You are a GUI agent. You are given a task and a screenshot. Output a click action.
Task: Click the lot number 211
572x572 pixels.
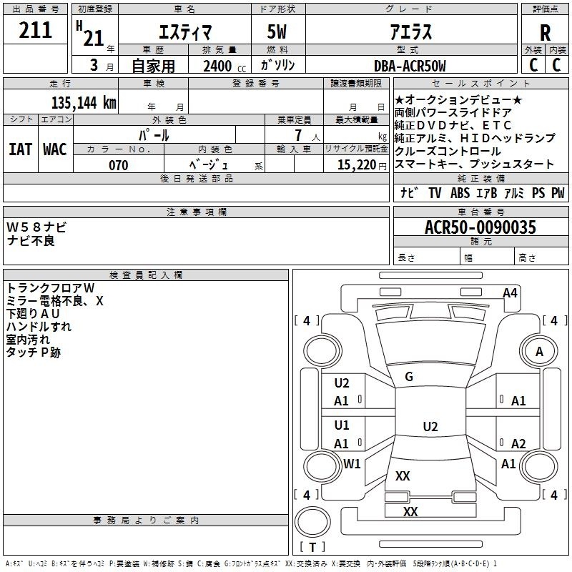pyautogui.click(x=35, y=31)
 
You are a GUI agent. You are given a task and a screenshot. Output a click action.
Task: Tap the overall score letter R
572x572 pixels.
pyautogui.click(x=546, y=33)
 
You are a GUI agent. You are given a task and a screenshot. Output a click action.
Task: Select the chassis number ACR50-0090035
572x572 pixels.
pyautogui.click(x=480, y=228)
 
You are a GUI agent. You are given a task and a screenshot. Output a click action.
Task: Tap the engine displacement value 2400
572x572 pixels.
pyautogui.click(x=217, y=66)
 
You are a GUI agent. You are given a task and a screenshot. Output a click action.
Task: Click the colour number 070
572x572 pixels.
pyautogui.click(x=118, y=165)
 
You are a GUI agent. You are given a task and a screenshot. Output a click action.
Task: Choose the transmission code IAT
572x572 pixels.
pyautogui.click(x=20, y=149)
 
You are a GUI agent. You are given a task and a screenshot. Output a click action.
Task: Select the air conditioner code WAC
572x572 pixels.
pyautogui.click(x=55, y=149)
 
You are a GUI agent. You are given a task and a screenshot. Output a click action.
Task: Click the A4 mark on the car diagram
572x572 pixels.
pyautogui.click(x=510, y=292)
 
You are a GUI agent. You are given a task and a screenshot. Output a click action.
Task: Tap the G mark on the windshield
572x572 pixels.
pyautogui.click(x=409, y=377)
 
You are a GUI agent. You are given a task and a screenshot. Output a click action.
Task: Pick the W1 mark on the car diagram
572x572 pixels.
pyautogui.click(x=352, y=463)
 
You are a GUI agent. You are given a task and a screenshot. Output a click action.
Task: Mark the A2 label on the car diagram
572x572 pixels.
pyautogui.click(x=518, y=443)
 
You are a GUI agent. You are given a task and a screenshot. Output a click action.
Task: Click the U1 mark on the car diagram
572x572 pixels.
pyautogui.click(x=342, y=425)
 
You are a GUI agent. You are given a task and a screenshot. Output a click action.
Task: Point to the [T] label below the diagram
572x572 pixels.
pyautogui.click(x=312, y=548)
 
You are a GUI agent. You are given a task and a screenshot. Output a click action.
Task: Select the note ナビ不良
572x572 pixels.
pyautogui.click(x=31, y=241)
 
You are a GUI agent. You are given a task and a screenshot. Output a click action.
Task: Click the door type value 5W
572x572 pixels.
pyautogui.click(x=278, y=32)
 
